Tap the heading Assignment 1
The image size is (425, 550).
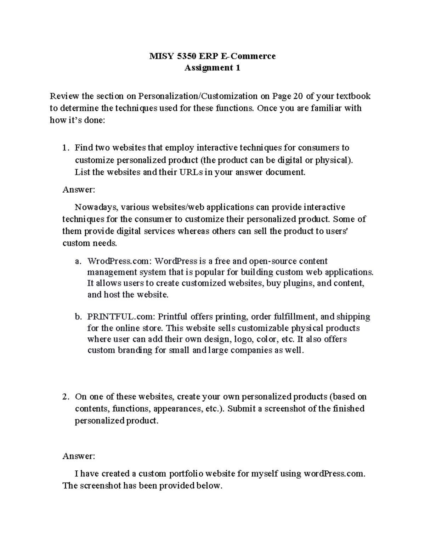coord(212,68)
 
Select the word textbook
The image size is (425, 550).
coord(353,96)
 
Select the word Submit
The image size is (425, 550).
coord(242,409)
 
